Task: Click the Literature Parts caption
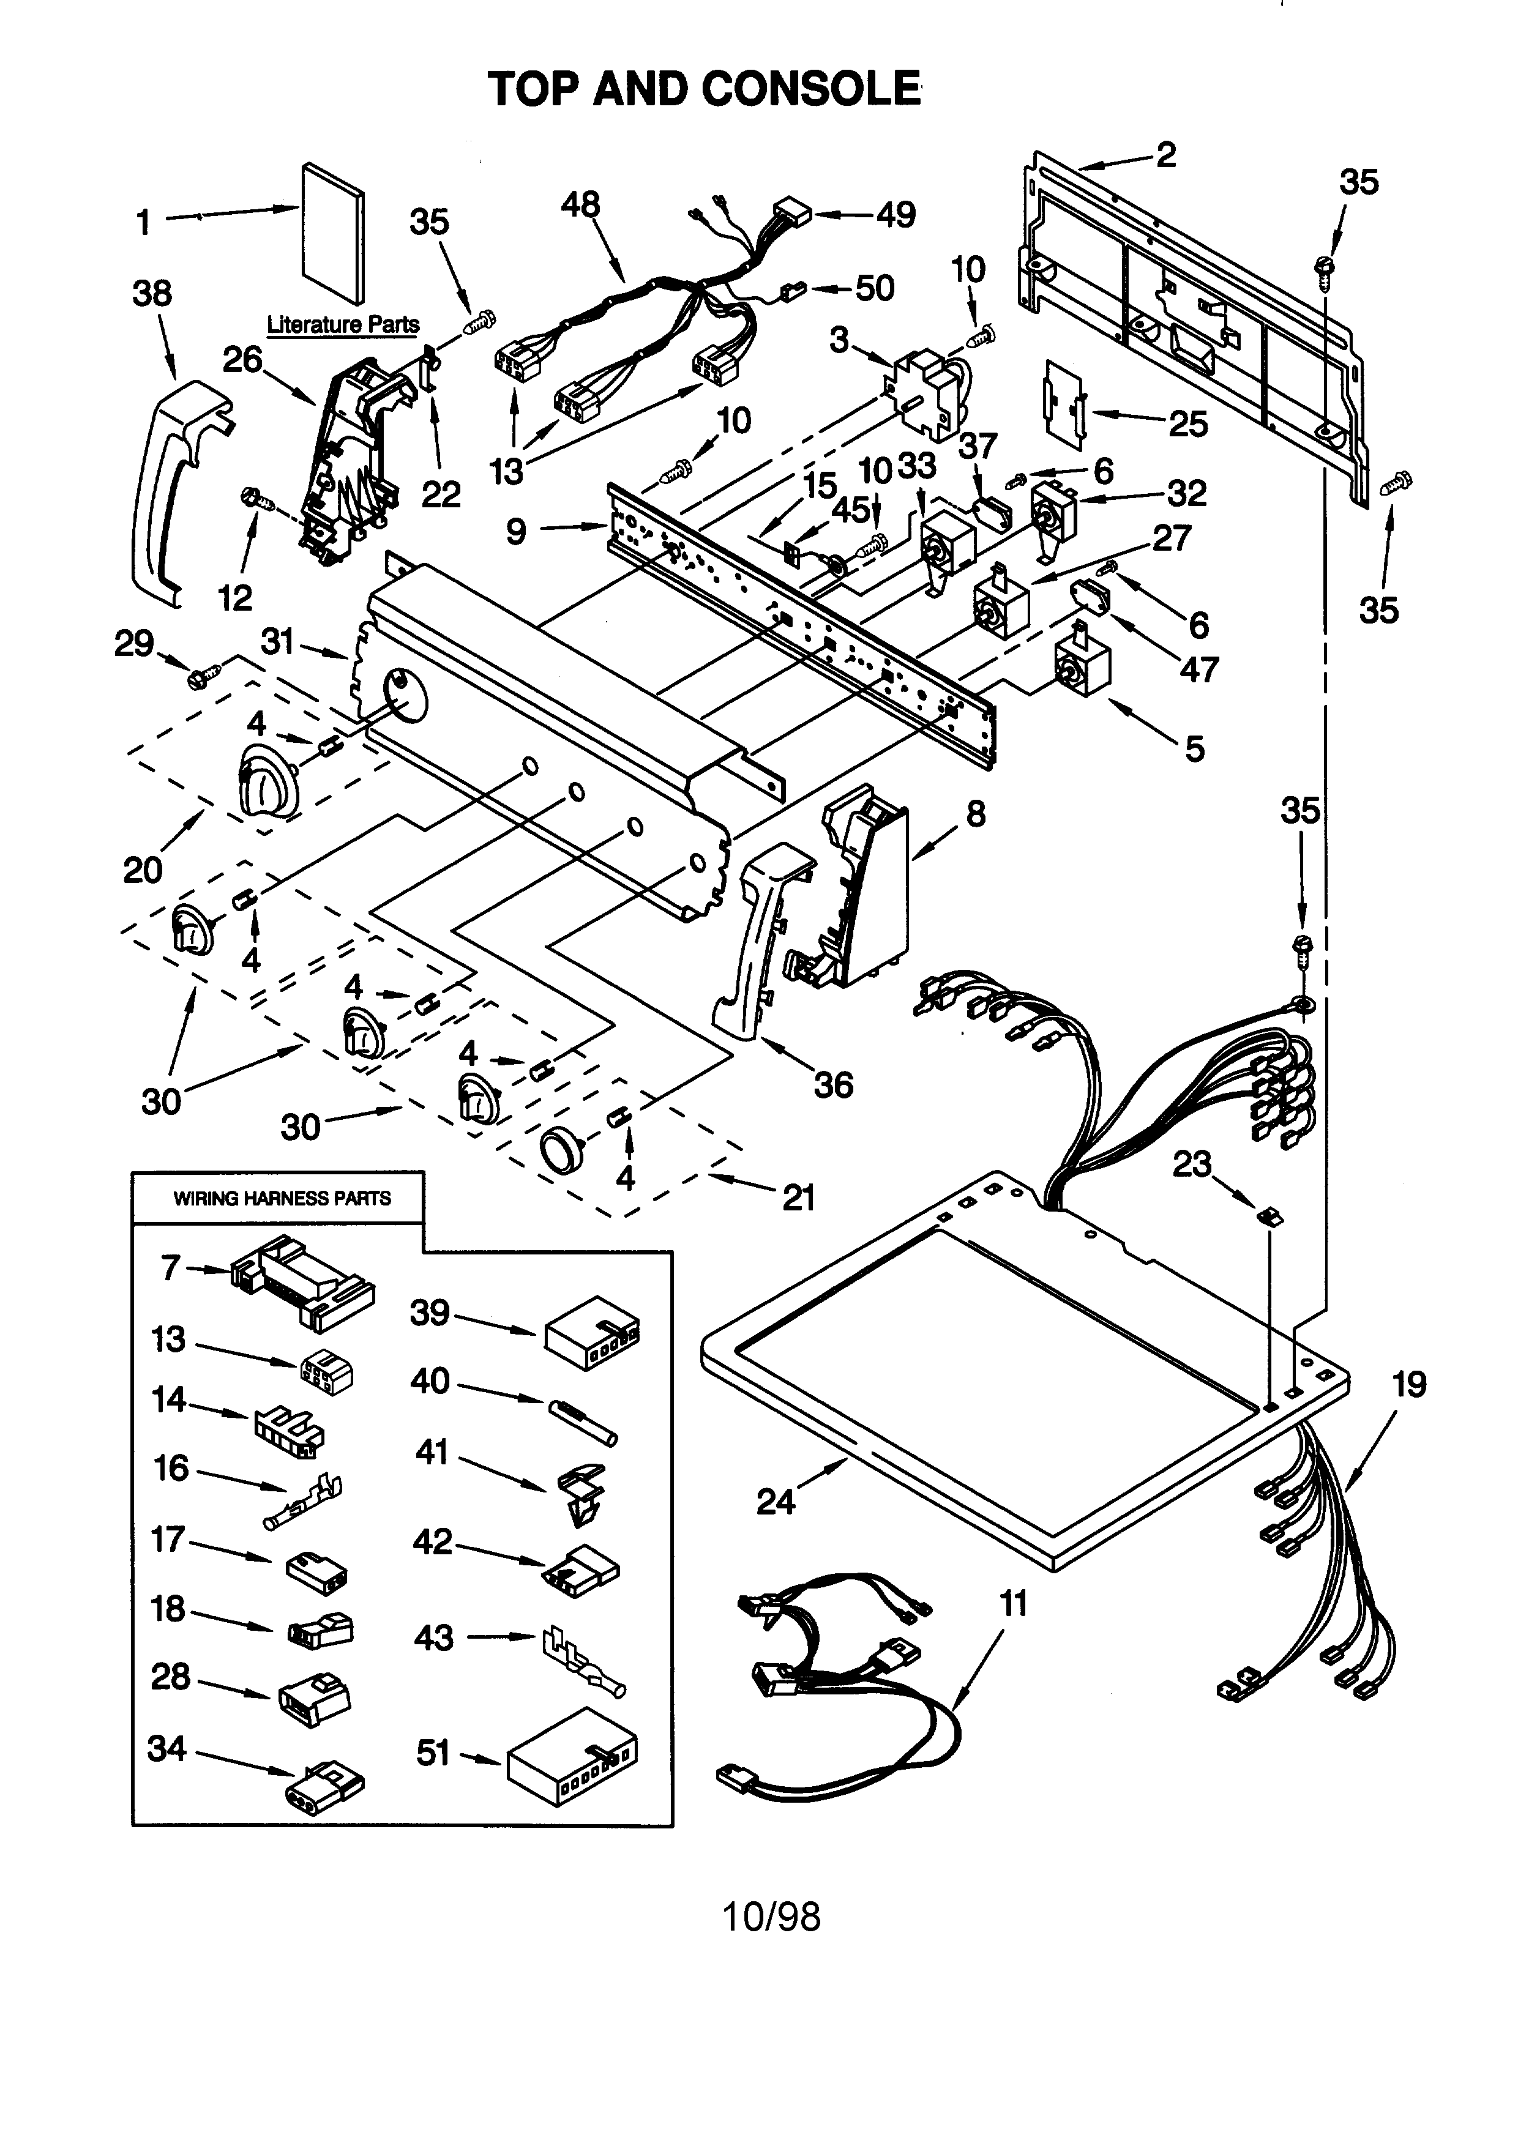(343, 324)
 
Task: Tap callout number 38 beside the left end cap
(152, 294)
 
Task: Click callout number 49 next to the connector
(895, 215)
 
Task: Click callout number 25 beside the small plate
(1188, 424)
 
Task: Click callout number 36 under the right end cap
(833, 1084)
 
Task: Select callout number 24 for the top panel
(776, 1502)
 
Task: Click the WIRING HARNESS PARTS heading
(282, 1198)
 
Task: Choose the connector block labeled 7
(301, 1281)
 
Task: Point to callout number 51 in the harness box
(434, 1753)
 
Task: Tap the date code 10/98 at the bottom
(772, 1917)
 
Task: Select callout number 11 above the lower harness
(1013, 1604)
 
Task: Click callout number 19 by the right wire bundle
(1410, 1384)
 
